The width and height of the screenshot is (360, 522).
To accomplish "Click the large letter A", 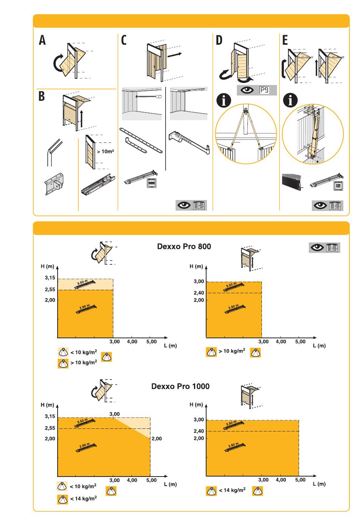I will point(42,40).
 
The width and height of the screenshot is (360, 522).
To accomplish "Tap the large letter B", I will point(41,96).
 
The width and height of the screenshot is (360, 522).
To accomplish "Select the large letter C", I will point(124,40).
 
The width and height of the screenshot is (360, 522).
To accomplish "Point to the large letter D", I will point(219,40).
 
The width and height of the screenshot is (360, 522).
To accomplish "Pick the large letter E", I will point(285,40).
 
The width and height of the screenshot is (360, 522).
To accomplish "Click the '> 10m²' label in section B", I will point(105,152).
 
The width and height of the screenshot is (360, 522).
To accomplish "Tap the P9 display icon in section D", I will point(265,91).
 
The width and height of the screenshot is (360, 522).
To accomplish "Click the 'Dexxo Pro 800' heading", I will point(184,247).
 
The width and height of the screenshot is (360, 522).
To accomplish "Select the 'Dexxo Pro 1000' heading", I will point(180,386).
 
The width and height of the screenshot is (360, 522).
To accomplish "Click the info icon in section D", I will point(224,100).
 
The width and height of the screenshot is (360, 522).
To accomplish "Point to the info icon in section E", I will point(291,100).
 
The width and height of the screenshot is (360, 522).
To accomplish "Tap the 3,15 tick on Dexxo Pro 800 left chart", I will point(50,278).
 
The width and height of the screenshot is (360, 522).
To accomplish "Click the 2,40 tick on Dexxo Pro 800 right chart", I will point(199,293).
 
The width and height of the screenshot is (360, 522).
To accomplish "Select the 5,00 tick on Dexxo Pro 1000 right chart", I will point(300,480).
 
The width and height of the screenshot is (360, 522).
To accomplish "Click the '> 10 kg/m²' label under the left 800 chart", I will point(83,363).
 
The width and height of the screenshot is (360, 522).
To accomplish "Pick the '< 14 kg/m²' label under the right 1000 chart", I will point(232,490).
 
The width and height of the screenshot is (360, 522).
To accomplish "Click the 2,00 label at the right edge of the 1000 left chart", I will point(157,439).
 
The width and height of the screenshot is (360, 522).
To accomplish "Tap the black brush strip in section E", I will point(292,182).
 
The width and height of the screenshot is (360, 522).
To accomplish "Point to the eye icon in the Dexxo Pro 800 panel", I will point(317,248).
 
